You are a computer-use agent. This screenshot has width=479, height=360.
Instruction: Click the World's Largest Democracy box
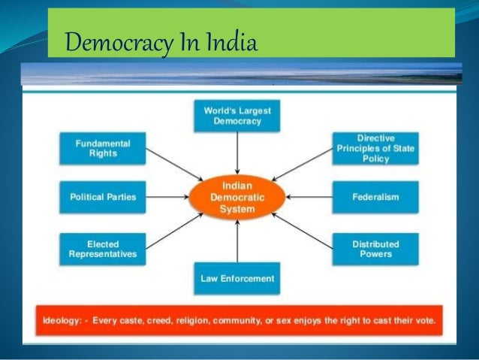click(237, 115)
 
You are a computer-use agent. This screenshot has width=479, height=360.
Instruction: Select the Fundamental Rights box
click(103, 148)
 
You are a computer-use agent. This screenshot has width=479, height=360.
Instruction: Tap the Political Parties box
click(103, 197)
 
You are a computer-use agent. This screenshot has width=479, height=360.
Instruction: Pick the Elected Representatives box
click(103, 249)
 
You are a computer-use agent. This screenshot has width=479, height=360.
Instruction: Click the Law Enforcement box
click(237, 279)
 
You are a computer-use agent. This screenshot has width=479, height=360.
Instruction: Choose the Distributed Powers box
click(375, 249)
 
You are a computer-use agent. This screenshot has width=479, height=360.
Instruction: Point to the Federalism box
click(375, 197)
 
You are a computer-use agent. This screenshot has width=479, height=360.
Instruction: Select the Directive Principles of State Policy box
click(375, 148)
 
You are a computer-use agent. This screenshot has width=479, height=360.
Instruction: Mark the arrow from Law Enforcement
click(237, 241)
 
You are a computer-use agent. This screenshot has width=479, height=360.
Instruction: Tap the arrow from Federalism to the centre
click(308, 197)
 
